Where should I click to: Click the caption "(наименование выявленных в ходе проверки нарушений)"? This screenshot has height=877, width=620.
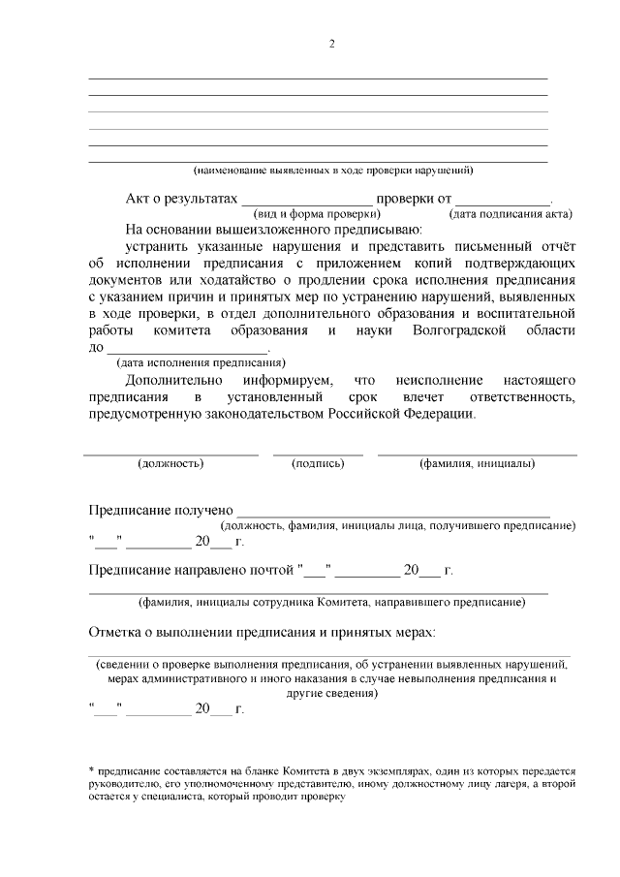(332, 171)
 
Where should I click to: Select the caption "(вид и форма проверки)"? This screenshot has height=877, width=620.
(316, 213)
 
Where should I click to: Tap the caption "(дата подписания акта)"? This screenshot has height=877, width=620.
(511, 213)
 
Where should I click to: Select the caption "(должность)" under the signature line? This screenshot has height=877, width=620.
(170, 463)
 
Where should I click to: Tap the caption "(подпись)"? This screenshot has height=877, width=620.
(318, 463)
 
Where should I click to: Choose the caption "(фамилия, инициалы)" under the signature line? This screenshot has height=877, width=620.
(477, 463)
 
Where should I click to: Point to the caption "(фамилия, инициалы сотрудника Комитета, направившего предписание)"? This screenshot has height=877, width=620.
(331, 602)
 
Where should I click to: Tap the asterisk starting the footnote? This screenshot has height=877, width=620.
(90, 769)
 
